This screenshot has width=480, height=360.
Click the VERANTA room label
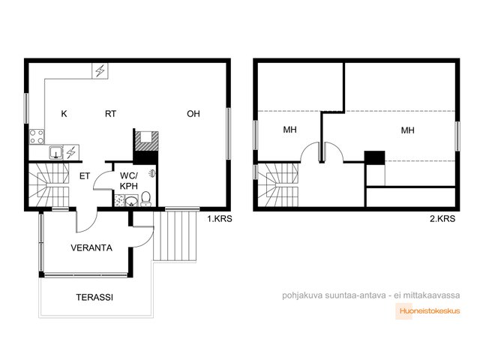pos(91,247)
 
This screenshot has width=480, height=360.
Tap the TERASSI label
pos(94,297)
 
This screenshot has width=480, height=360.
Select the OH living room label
pos(193,114)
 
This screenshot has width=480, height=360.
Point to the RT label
pos(110,114)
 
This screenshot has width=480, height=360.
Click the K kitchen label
pos(64,114)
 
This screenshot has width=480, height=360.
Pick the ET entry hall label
pos(85,176)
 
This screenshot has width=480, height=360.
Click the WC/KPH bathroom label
pos(129,181)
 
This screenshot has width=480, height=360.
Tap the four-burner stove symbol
pos(37,136)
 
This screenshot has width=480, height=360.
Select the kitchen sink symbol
pos(56,152)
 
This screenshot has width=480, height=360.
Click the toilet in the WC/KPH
pos(146,199)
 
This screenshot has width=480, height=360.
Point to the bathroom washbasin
pos(132,201)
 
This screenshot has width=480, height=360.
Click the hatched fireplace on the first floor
pos(147,141)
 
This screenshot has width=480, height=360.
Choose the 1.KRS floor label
pos(220,219)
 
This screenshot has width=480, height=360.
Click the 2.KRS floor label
pos(442,219)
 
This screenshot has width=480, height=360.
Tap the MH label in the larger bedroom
pos(408,130)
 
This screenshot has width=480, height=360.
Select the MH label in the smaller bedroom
pos(290,130)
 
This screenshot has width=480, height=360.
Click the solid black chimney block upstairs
pos(374,157)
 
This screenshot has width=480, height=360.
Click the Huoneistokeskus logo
pos(428,311)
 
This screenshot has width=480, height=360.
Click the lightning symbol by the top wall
pos(100,70)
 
